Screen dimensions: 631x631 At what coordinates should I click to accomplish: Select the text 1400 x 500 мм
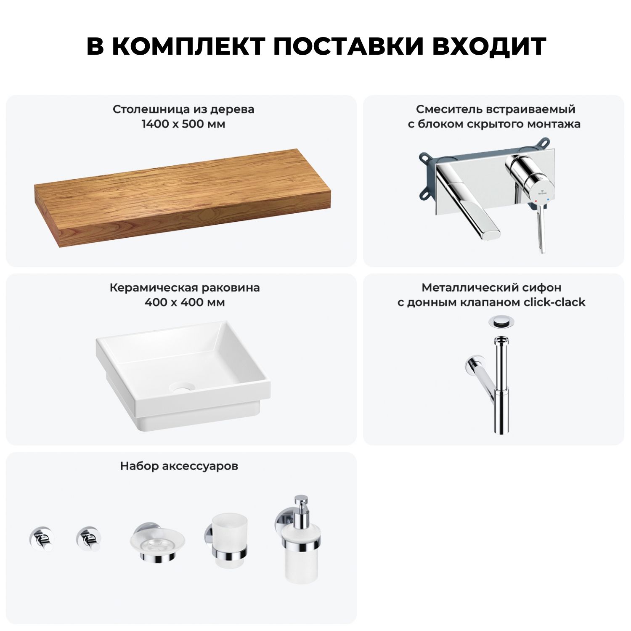(x=183, y=124)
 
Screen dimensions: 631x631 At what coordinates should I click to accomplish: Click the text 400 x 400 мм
(x=185, y=302)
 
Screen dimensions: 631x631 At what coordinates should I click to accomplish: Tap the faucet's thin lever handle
(x=540, y=230)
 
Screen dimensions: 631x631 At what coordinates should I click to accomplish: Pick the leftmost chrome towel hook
(x=41, y=538)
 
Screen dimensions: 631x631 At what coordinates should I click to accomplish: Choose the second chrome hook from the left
(x=89, y=538)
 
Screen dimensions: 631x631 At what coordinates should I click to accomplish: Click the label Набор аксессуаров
(x=179, y=466)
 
